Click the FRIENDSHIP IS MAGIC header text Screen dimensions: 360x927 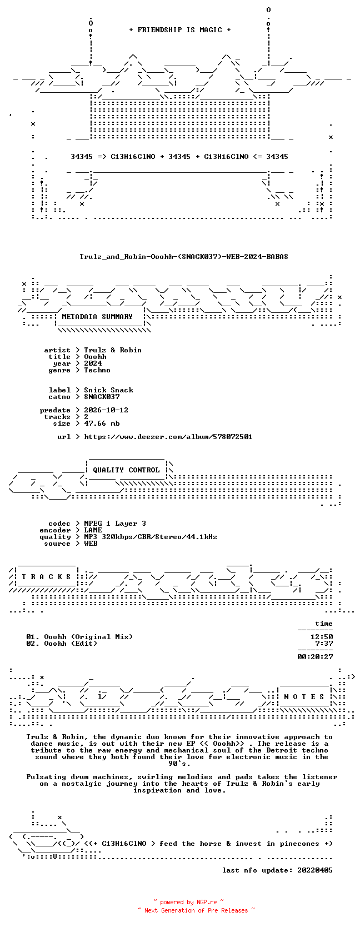[180, 30]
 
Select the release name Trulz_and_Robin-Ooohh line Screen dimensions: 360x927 [184, 257]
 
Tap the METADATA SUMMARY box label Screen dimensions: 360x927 [97, 317]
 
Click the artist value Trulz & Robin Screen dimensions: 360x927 [113, 350]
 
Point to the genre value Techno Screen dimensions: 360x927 [97, 370]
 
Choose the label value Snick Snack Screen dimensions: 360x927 [108, 390]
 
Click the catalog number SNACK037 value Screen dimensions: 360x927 [102, 396]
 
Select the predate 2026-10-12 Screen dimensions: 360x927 [106, 410]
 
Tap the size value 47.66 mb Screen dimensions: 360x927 [102, 423]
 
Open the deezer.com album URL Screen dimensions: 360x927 [168, 437]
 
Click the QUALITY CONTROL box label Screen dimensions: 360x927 [126, 470]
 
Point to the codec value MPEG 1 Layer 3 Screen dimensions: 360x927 [115, 524]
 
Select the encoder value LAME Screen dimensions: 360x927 [93, 530]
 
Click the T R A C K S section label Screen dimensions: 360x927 [46, 577]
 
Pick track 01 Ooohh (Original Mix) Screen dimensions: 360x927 [79, 637]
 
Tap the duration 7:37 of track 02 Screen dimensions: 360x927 [324, 644]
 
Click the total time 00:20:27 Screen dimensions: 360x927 [316, 657]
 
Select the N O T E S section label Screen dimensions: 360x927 [304, 697]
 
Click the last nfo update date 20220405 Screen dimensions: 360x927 [315, 870]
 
